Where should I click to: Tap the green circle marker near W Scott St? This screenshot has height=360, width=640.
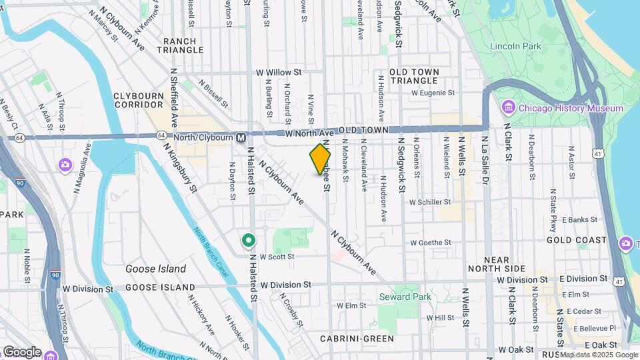[249, 239]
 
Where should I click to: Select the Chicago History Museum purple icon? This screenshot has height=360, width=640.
[508, 108]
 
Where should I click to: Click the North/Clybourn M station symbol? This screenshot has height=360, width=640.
[241, 137]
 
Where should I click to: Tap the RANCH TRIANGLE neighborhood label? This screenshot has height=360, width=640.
[180, 45]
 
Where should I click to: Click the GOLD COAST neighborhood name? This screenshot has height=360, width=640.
[576, 240]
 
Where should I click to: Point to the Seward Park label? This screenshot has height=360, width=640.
[405, 297]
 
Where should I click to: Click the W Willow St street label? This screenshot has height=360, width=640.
[279, 72]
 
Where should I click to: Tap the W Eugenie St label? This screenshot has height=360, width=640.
[433, 93]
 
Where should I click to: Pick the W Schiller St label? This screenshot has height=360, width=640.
[430, 201]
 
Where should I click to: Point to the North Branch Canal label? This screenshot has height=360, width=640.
[211, 248]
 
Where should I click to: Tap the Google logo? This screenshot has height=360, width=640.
[22, 351]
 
